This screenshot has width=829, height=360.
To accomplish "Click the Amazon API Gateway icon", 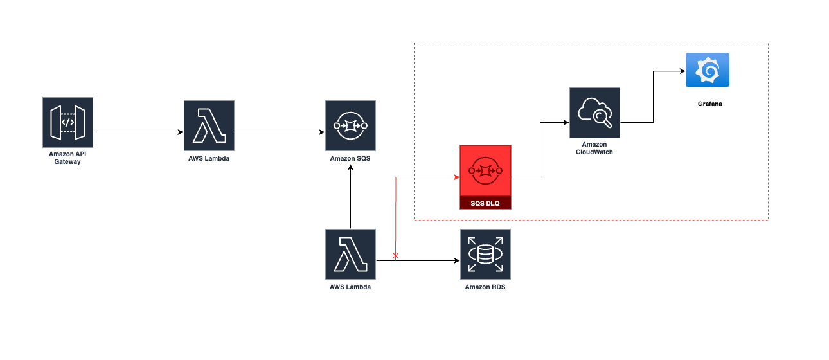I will [67, 122].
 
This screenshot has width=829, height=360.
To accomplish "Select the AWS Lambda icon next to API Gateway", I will [209, 125].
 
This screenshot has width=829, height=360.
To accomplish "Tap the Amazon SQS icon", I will [350, 125].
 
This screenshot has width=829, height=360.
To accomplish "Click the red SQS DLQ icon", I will [485, 171].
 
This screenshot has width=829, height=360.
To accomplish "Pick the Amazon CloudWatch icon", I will [594, 113].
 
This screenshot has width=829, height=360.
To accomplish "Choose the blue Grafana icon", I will [708, 69].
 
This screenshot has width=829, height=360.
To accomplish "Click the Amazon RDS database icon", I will [485, 254].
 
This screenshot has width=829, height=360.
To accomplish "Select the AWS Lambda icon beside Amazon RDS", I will [350, 254].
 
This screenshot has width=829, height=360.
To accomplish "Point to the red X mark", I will [395, 256].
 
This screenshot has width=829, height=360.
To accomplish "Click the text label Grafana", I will [709, 103].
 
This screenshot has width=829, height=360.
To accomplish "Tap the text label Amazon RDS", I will [485, 287].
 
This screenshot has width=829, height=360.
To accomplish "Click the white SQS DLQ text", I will [485, 203].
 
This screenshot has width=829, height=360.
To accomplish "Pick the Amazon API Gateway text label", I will [67, 158].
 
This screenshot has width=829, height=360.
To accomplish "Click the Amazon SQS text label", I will [350, 158].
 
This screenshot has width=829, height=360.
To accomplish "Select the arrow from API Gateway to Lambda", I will [138, 132].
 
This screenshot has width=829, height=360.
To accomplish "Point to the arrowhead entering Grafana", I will [682, 71].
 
